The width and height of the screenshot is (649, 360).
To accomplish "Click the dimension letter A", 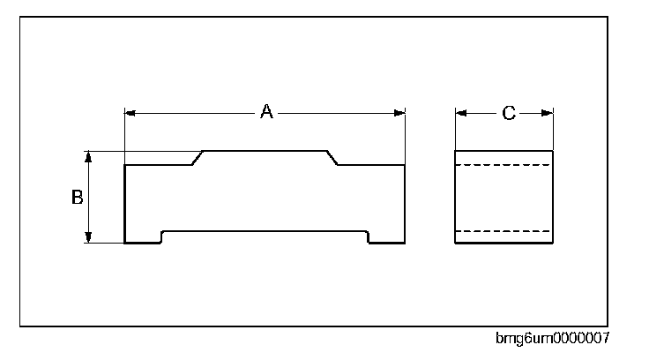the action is click(x=265, y=112).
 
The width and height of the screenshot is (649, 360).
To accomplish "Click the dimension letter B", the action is click(x=77, y=198).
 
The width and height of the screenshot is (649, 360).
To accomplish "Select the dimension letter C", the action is click(x=509, y=112).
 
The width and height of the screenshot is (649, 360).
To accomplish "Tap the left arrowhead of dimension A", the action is click(x=131, y=112).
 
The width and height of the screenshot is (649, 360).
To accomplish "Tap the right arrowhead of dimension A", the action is click(x=399, y=112).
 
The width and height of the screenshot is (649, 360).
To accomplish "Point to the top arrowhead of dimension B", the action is click(x=88, y=156).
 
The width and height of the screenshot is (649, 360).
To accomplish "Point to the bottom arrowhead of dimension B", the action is click(x=88, y=236).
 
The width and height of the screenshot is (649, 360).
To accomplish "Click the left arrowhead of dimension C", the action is click(x=459, y=112).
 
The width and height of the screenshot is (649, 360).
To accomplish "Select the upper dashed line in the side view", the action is click(x=503, y=165).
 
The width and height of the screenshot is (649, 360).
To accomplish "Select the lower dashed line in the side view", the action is click(x=503, y=231).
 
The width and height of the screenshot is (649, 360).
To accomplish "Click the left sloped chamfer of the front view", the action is click(x=198, y=158).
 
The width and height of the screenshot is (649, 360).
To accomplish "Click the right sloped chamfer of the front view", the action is click(x=333, y=158).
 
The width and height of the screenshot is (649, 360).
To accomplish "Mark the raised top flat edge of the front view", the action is click(x=265, y=151).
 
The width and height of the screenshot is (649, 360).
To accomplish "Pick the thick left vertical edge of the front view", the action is click(x=125, y=203).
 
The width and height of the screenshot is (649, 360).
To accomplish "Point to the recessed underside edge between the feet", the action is click(x=265, y=231).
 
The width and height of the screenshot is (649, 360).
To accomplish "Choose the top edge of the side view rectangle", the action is click(x=503, y=151).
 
